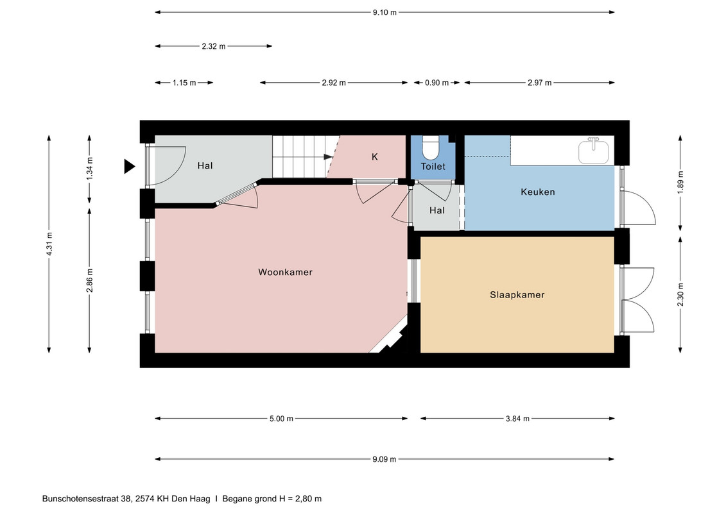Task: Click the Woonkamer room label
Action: coord(285,272)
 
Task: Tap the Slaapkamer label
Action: coord(517,295)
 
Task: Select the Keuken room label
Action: coord(537,192)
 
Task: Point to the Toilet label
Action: coord(433,166)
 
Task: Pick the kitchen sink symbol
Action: coord(594,150)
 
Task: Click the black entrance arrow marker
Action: coord(129,166)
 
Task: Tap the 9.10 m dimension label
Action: coord(385,12)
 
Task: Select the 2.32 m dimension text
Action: coord(214,46)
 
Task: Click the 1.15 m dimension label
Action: coord(184,83)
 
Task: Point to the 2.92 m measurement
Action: coord(334,83)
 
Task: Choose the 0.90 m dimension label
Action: coord(436,83)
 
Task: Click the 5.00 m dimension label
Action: coord(282,419)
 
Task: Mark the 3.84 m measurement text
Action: coord(517,419)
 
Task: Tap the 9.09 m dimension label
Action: coord(385,459)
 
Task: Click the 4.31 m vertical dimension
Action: coord(49,243)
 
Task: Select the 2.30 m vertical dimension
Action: coord(680,294)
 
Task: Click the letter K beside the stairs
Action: coord(375,157)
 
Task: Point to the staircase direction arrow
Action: coord(328,157)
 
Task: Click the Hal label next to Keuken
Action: coord(436,210)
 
